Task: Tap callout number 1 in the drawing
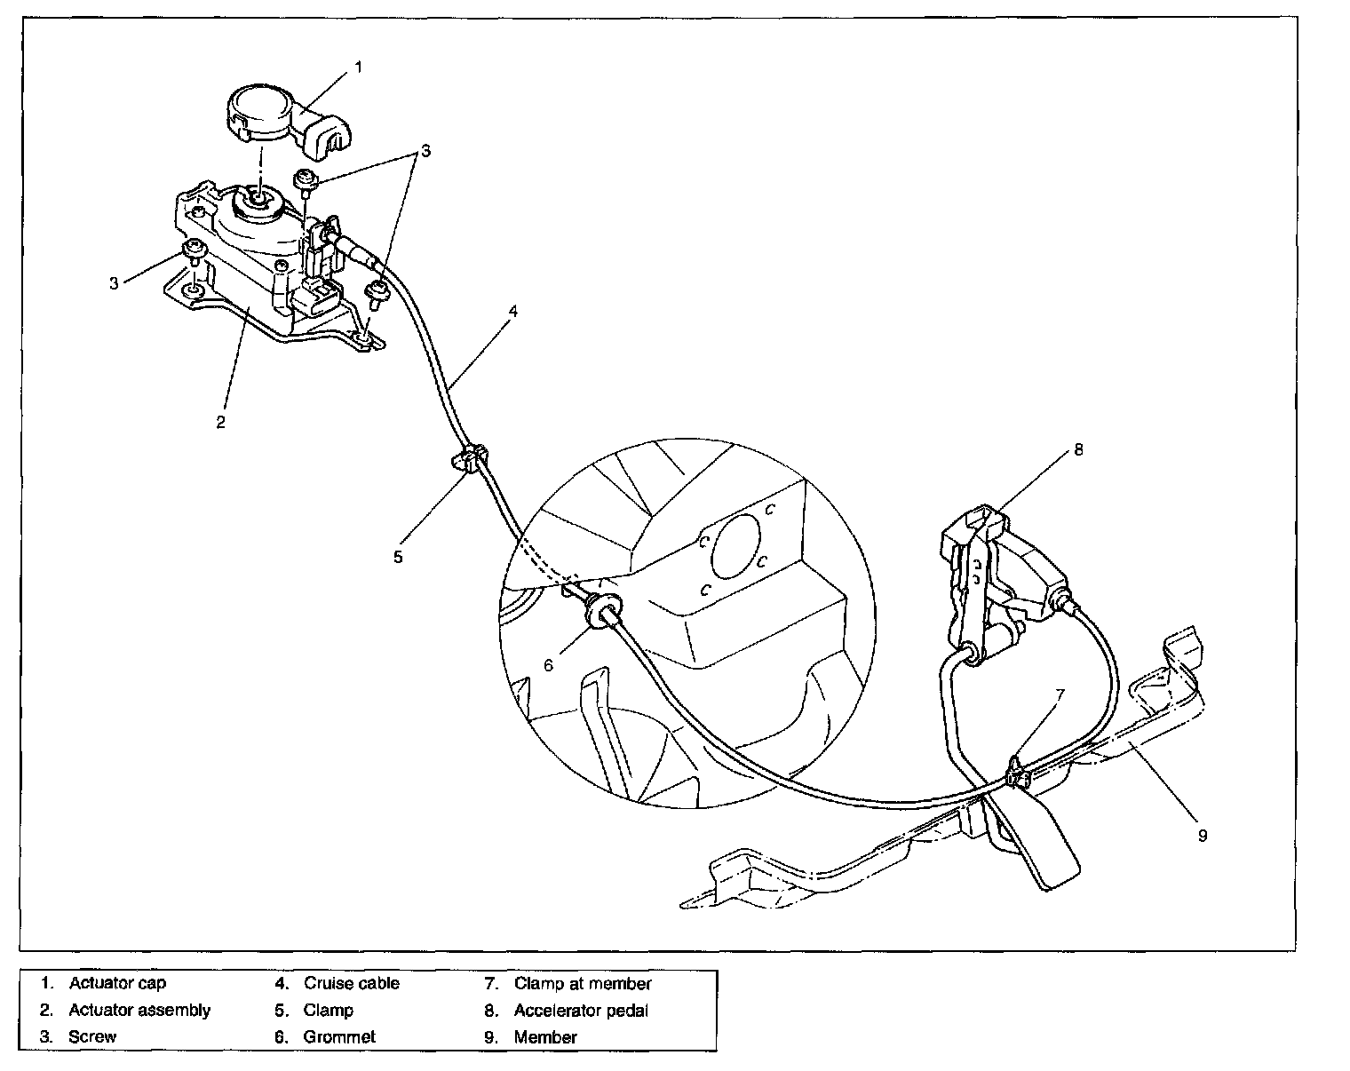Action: pyautogui.click(x=358, y=66)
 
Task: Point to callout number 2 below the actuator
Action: pyautogui.click(x=220, y=421)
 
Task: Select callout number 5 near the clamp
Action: pyautogui.click(x=398, y=557)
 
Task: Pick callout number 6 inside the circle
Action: pyautogui.click(x=549, y=663)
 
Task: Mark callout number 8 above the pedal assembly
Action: pyautogui.click(x=1078, y=449)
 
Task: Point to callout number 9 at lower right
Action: pyautogui.click(x=1203, y=835)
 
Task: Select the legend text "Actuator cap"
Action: pyautogui.click(x=117, y=983)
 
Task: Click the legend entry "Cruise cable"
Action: pyautogui.click(x=352, y=983)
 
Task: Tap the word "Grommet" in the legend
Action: pyautogui.click(x=339, y=1036)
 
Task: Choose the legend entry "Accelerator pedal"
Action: pyautogui.click(x=581, y=1010)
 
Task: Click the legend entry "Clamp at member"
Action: pyautogui.click(x=583, y=983)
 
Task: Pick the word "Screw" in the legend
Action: pyautogui.click(x=92, y=1036)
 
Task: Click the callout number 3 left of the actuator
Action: pyautogui.click(x=114, y=283)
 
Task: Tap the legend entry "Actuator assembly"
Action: pyautogui.click(x=139, y=1010)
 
